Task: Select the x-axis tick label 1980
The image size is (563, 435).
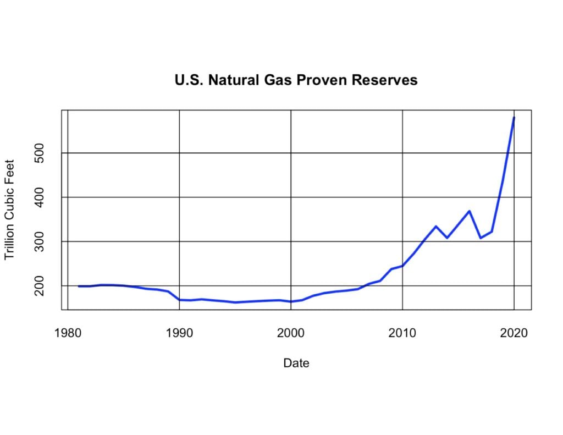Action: (x=68, y=333)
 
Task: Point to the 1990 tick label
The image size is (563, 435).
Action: (x=179, y=333)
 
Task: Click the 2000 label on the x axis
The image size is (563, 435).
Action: (x=291, y=333)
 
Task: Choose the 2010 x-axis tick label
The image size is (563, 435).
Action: (x=402, y=333)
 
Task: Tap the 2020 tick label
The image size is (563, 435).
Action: (x=514, y=333)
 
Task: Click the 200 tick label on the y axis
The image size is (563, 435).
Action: (x=39, y=286)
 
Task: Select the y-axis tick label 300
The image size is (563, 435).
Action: (x=39, y=241)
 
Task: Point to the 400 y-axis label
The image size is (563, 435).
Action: (x=39, y=197)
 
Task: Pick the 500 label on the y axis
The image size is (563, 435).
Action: (x=39, y=153)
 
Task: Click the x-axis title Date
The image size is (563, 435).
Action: (x=296, y=363)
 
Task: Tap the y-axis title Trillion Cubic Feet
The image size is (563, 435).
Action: (x=10, y=210)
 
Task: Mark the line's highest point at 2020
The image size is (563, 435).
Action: (x=514, y=118)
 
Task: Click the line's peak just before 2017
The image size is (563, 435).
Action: (x=470, y=211)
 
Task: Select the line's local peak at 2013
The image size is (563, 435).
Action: (x=436, y=226)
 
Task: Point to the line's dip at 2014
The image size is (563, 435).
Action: (x=447, y=238)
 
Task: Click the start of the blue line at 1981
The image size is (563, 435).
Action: (x=79, y=286)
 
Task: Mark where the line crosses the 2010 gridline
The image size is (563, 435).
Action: (x=402, y=266)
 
